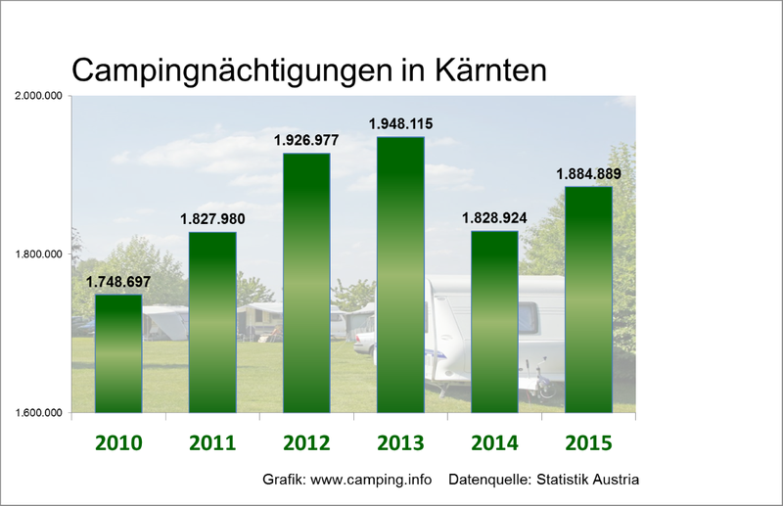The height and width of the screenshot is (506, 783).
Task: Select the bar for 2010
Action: click(x=117, y=352)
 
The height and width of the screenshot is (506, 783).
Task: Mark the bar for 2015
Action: click(x=588, y=299)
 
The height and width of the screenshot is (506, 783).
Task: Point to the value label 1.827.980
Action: click(x=213, y=219)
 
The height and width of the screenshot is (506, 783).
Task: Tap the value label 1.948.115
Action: click(x=400, y=124)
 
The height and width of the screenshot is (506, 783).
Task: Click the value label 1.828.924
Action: click(x=494, y=218)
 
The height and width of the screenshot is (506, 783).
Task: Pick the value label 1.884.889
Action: click(x=588, y=174)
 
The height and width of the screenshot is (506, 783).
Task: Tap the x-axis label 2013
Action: click(x=400, y=442)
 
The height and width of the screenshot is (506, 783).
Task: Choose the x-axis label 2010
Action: click(x=118, y=442)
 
